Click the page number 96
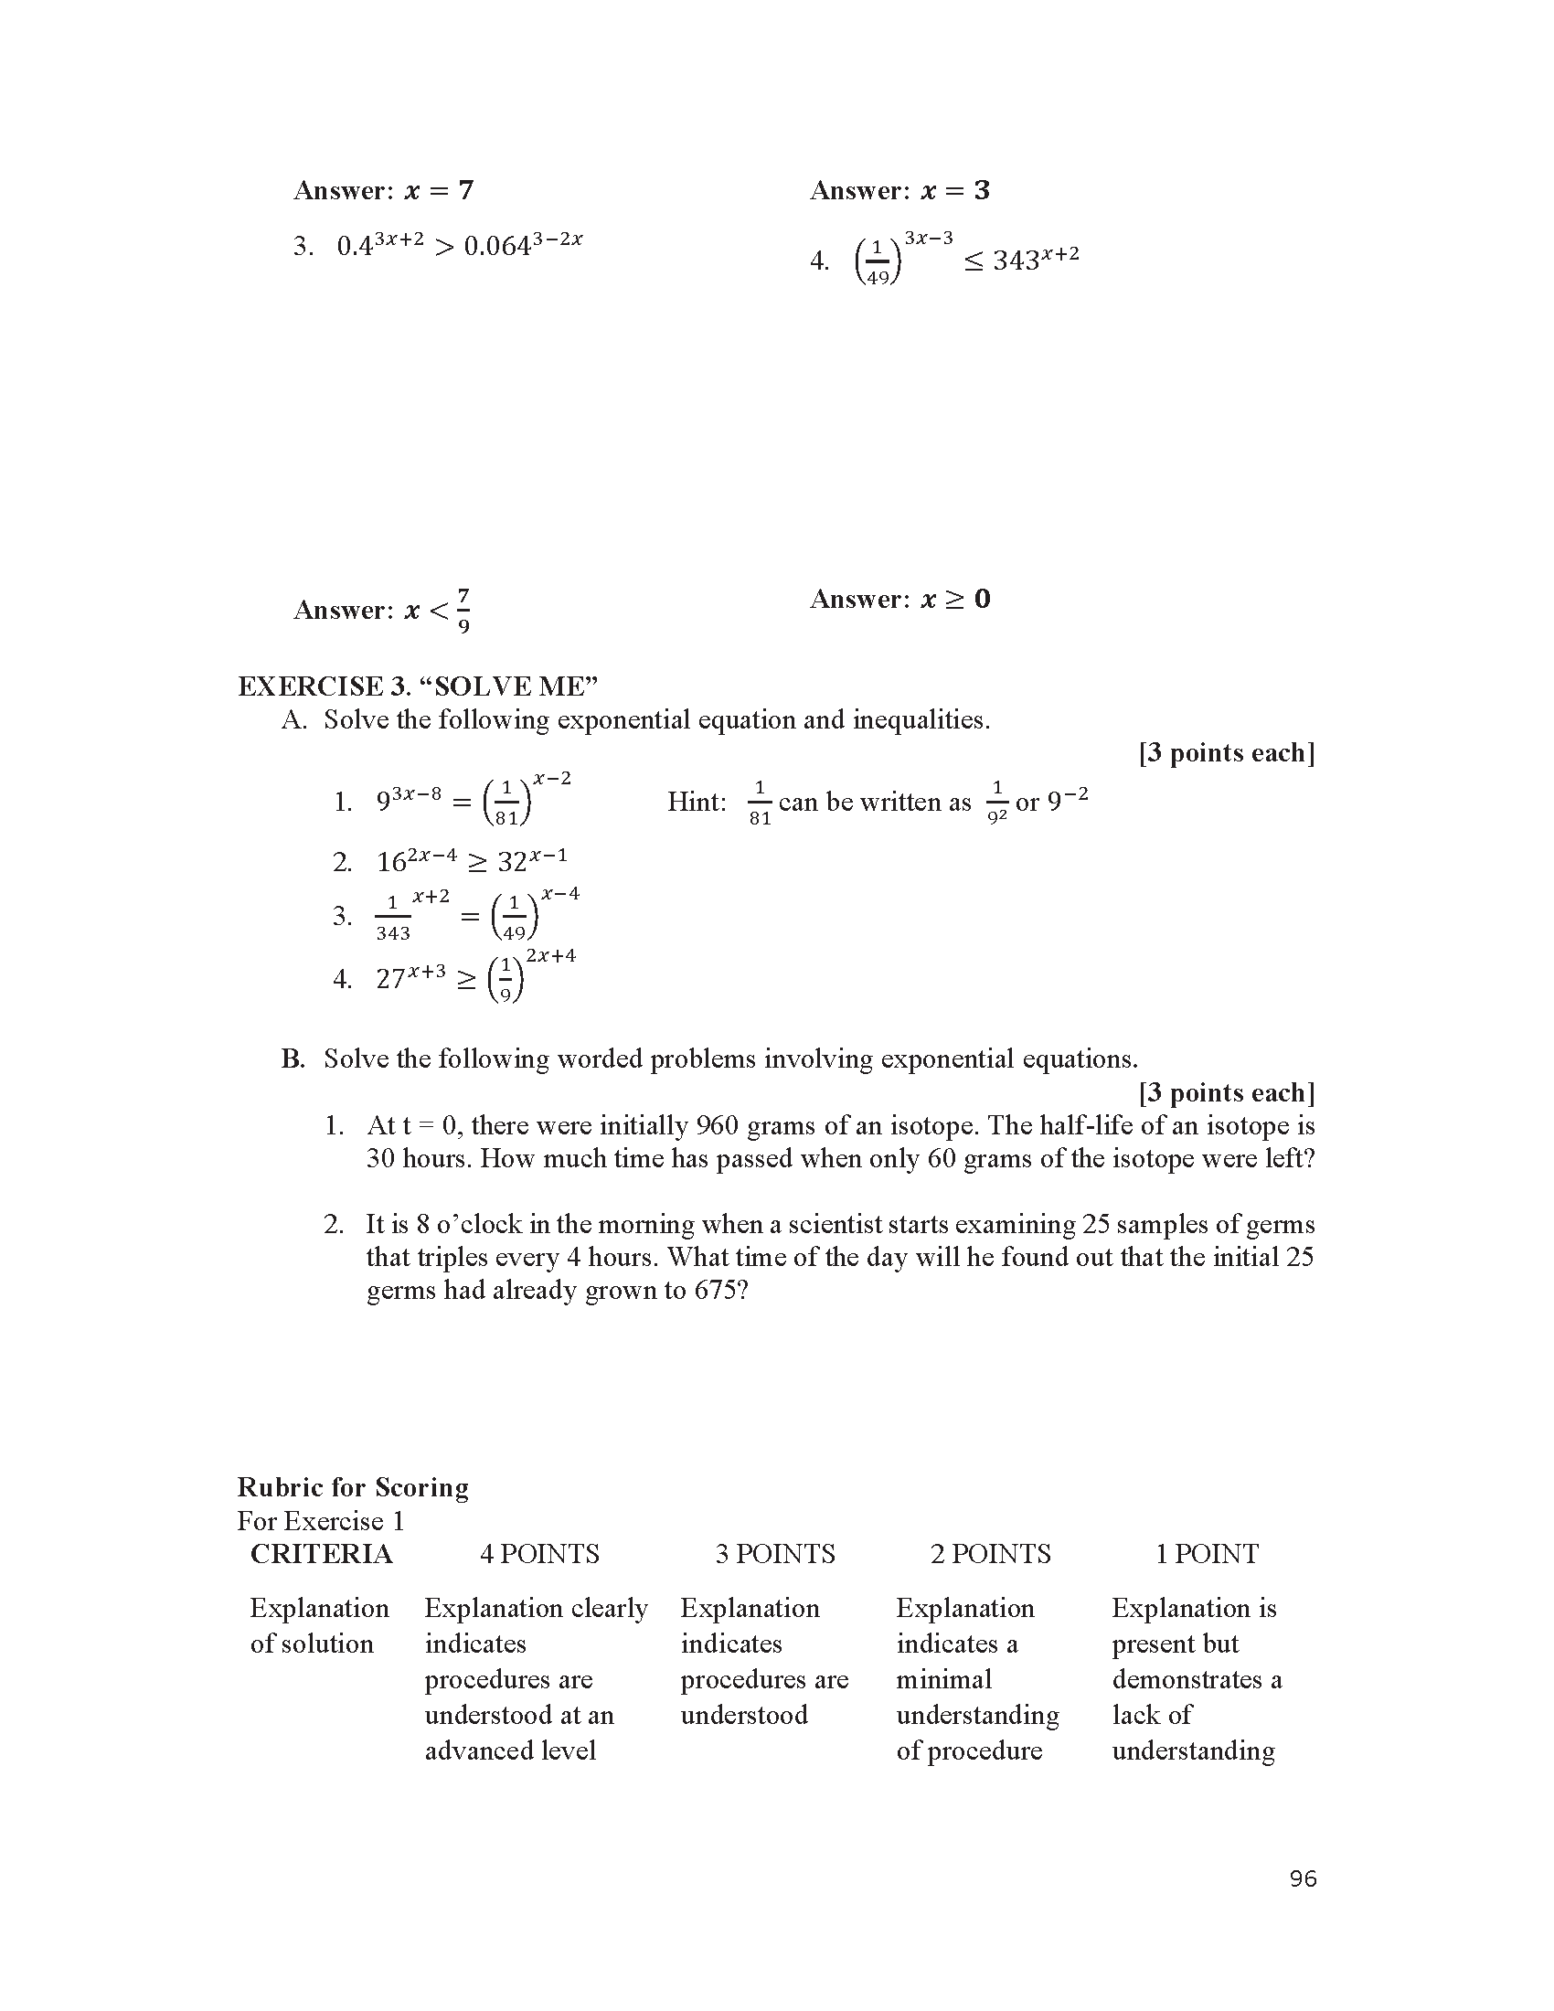tap(1303, 1878)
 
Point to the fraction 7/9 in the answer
tap(463, 611)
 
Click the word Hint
tap(696, 802)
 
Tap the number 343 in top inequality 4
tap(1016, 261)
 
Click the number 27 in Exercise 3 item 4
tap(390, 979)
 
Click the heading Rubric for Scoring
tap(353, 1487)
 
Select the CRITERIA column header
tap(321, 1553)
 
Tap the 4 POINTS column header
tap(538, 1553)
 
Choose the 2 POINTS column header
tap(990, 1553)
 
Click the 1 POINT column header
tap(1206, 1553)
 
